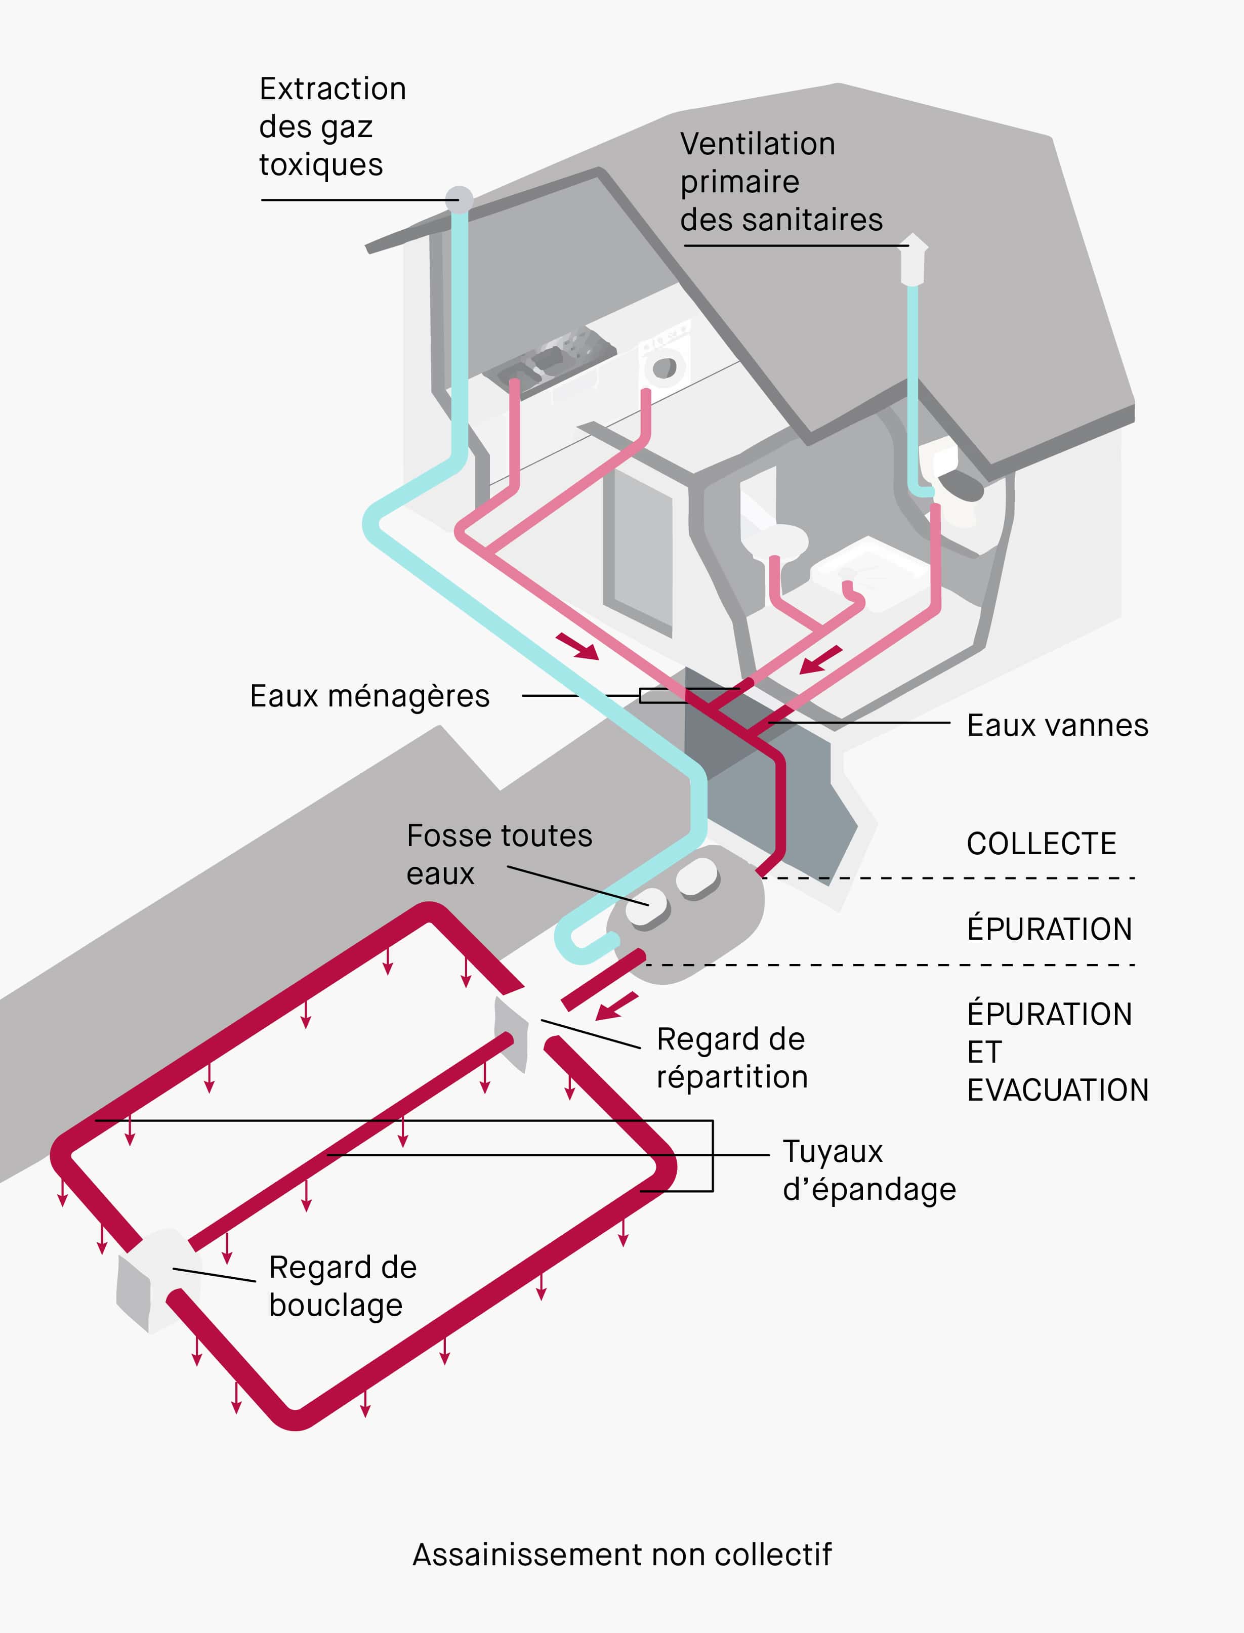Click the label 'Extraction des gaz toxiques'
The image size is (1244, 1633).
pyautogui.click(x=333, y=127)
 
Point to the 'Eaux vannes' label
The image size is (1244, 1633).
pyautogui.click(x=1057, y=726)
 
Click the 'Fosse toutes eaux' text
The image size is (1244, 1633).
pyautogui.click(x=499, y=854)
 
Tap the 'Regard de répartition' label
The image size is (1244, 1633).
pyautogui.click(x=732, y=1058)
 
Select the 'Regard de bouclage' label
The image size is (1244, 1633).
pyautogui.click(x=343, y=1286)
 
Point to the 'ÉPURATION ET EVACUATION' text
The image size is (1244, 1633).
pyautogui.click(x=1057, y=1052)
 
